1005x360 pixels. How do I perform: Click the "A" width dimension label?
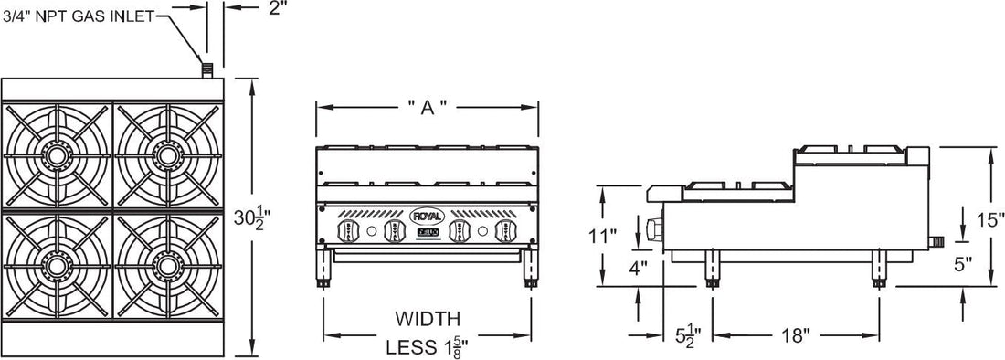coord(427,107)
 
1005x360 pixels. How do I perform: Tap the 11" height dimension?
coord(603,235)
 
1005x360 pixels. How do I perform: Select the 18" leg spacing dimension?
coord(794,335)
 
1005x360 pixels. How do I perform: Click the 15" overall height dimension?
coord(989,219)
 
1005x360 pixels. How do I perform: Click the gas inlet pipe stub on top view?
coord(207,69)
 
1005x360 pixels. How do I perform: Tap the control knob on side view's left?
coord(651,230)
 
